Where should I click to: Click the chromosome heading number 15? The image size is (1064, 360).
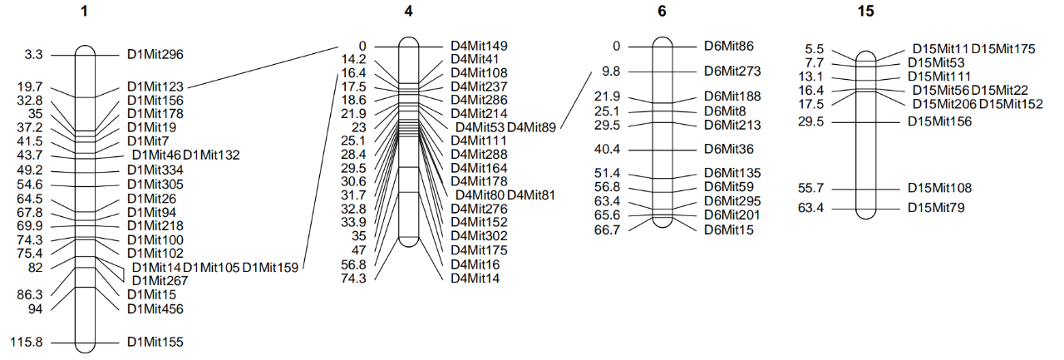pyautogui.click(x=865, y=12)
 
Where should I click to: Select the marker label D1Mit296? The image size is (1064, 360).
pyautogui.click(x=155, y=55)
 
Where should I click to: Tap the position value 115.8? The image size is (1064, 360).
pyautogui.click(x=27, y=342)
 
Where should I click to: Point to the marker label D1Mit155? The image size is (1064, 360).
pyautogui.click(x=155, y=342)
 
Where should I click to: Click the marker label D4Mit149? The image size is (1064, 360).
pyautogui.click(x=479, y=46)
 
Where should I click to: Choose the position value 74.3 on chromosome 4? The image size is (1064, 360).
pyautogui.click(x=353, y=279)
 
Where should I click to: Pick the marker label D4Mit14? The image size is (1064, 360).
pyautogui.click(x=475, y=279)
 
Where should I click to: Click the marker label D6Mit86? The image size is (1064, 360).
pyautogui.click(x=729, y=46)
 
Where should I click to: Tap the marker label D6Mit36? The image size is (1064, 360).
pyautogui.click(x=729, y=150)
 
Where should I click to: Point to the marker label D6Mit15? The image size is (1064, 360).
pyautogui.click(x=729, y=229)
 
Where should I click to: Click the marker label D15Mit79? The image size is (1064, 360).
pyautogui.click(x=936, y=208)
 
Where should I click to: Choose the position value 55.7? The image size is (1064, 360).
pyautogui.click(x=810, y=189)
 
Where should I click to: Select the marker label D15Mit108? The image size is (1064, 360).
pyautogui.click(x=939, y=189)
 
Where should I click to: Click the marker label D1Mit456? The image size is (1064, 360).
pyautogui.click(x=155, y=309)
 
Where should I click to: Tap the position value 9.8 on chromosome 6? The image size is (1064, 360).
pyautogui.click(x=611, y=72)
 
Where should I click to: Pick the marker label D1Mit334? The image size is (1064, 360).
pyautogui.click(x=155, y=170)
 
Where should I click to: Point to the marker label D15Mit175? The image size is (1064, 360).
pyautogui.click(x=1003, y=49)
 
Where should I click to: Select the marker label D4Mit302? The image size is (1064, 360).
pyautogui.click(x=479, y=236)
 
